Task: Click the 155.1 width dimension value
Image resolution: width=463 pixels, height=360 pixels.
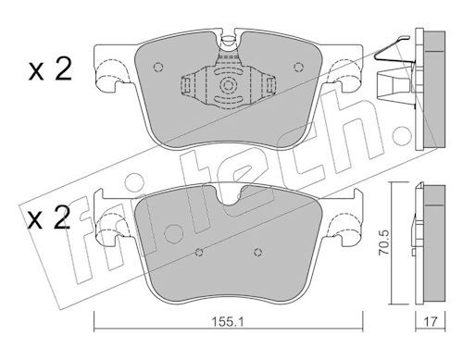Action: click(x=228, y=322)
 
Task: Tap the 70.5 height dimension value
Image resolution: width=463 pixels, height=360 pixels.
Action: click(x=384, y=242)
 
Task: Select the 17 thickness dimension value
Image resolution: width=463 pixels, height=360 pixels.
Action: click(x=431, y=322)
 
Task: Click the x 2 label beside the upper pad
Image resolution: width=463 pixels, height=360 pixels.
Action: click(x=50, y=69)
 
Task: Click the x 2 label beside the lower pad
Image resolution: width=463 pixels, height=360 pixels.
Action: click(x=49, y=217)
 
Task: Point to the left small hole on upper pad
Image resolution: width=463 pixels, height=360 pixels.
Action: click(x=157, y=67)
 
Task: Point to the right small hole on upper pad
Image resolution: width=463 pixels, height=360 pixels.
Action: click(x=298, y=67)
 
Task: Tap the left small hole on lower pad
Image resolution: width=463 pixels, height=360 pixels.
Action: click(x=200, y=252)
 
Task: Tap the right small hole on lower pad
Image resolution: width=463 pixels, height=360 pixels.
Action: click(x=257, y=252)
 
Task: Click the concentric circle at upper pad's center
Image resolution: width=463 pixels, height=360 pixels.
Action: click(x=228, y=85)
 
